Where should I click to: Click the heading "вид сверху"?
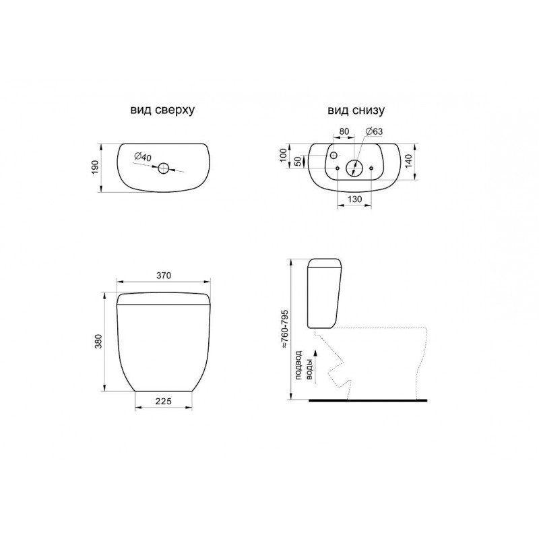point(162,110)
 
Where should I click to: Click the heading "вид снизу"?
point(356,110)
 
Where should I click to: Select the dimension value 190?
point(95,166)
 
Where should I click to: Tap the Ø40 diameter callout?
point(143,157)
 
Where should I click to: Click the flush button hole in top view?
point(163,168)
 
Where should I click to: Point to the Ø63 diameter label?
point(374,131)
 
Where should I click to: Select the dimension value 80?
point(344,131)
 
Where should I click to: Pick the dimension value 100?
point(283,156)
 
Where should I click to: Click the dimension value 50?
point(298,161)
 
